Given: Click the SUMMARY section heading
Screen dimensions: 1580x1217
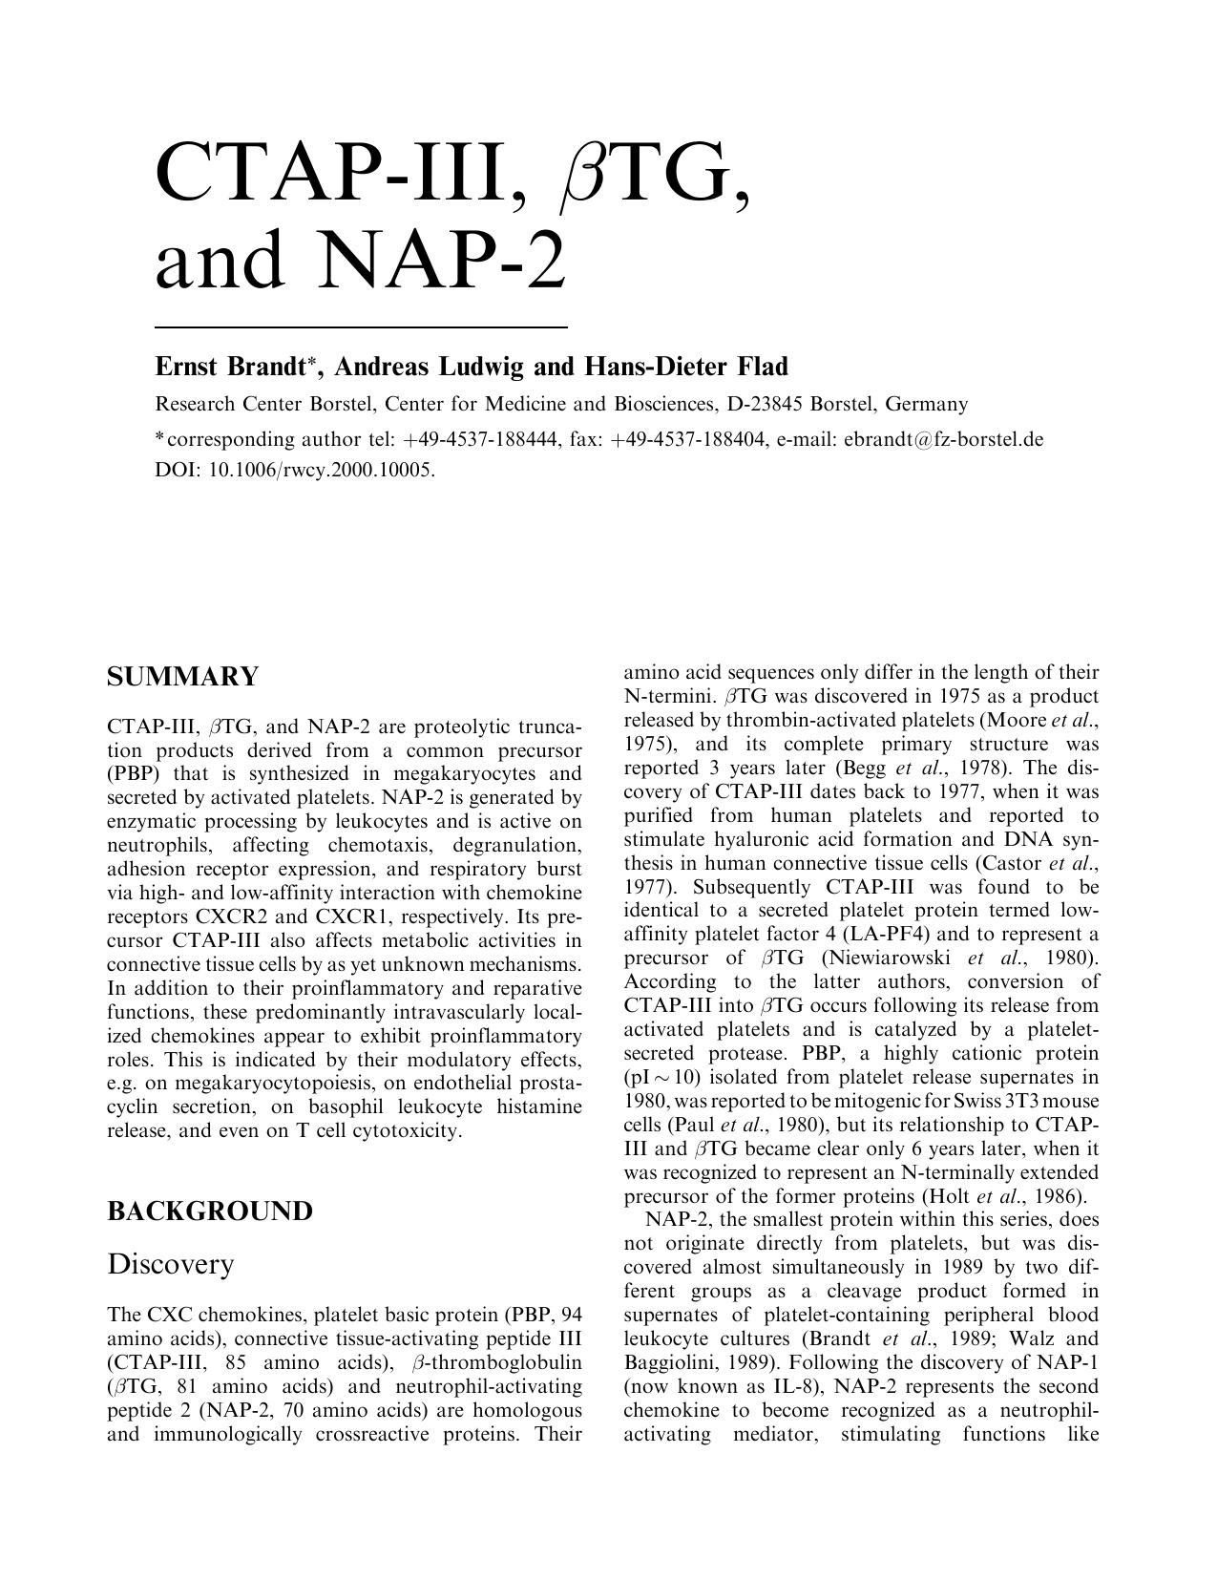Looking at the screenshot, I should [x=182, y=678].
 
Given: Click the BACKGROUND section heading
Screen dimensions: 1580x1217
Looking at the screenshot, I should [x=209, y=1211].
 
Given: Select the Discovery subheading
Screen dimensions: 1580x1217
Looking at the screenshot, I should [x=170, y=1263].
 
